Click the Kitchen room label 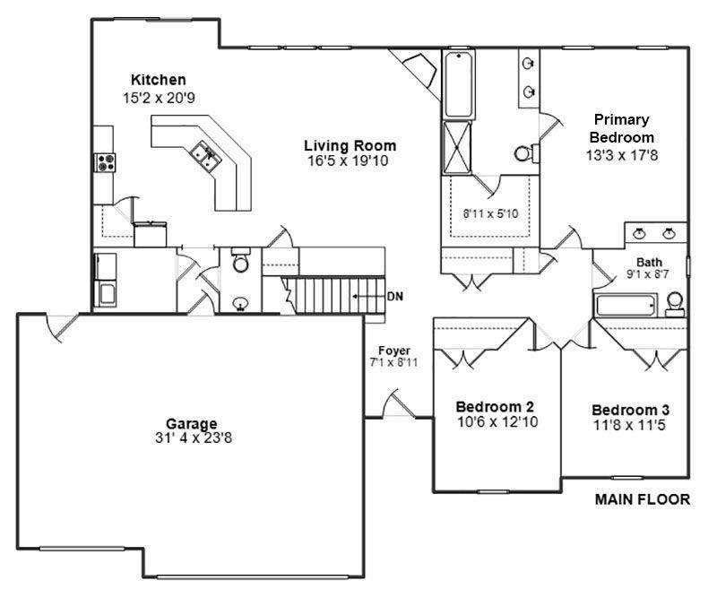(159, 80)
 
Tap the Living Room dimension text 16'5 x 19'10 (349, 161)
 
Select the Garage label (192, 423)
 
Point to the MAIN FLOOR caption (643, 499)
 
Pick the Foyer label (394, 351)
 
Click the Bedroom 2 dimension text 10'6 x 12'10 (496, 421)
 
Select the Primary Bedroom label (620, 128)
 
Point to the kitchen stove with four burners (105, 162)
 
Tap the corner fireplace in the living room (416, 68)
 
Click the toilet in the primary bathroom (524, 152)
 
